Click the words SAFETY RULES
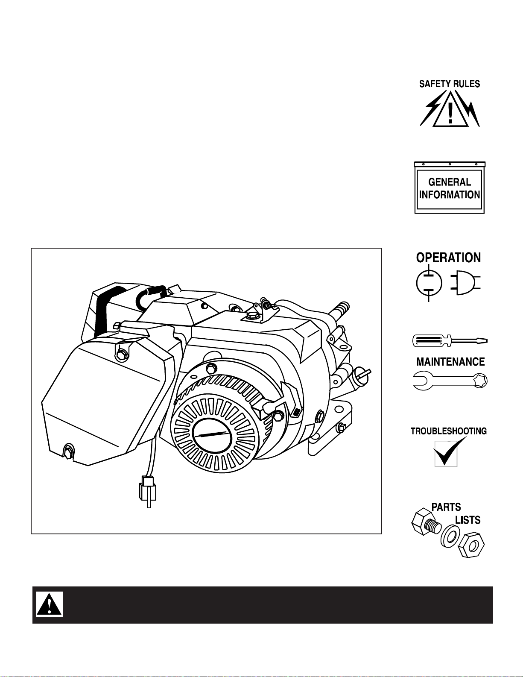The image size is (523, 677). [x=450, y=84]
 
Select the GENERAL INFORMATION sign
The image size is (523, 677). [x=450, y=188]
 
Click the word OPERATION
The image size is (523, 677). [x=449, y=258]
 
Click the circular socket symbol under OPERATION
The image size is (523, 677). [x=429, y=283]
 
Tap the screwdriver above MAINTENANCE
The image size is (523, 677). [x=450, y=340]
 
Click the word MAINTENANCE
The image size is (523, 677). [x=450, y=362]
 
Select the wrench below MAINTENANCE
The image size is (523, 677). [x=450, y=381]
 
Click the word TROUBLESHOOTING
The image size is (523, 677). [x=449, y=431]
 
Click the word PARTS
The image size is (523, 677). [x=446, y=507]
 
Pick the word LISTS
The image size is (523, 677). [x=468, y=520]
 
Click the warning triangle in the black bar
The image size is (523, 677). [x=49, y=605]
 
